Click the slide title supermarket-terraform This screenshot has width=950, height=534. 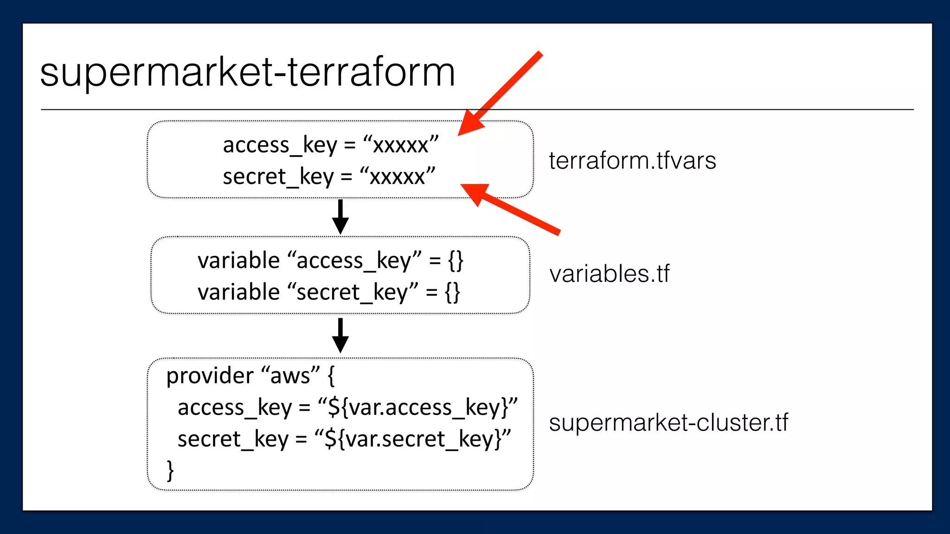point(247,73)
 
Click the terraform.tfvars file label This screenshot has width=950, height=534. point(632,161)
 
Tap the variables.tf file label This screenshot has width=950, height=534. point(610,273)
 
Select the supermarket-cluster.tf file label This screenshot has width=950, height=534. point(668,423)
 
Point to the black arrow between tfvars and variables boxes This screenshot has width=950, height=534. point(340,217)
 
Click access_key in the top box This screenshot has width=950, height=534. point(280,145)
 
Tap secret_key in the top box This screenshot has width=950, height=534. point(278,177)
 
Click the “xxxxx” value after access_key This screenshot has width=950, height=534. point(401,145)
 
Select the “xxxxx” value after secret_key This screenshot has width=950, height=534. point(398,177)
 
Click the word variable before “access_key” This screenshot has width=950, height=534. point(238,261)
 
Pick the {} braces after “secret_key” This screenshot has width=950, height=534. point(452,292)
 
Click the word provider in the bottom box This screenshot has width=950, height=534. point(210,375)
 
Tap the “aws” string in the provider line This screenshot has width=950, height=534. point(291,375)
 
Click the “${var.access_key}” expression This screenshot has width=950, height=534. point(417,407)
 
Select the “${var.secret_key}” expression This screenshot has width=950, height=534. point(413,439)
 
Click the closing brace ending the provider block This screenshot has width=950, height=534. point(170,470)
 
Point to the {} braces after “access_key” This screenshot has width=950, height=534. point(456,261)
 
